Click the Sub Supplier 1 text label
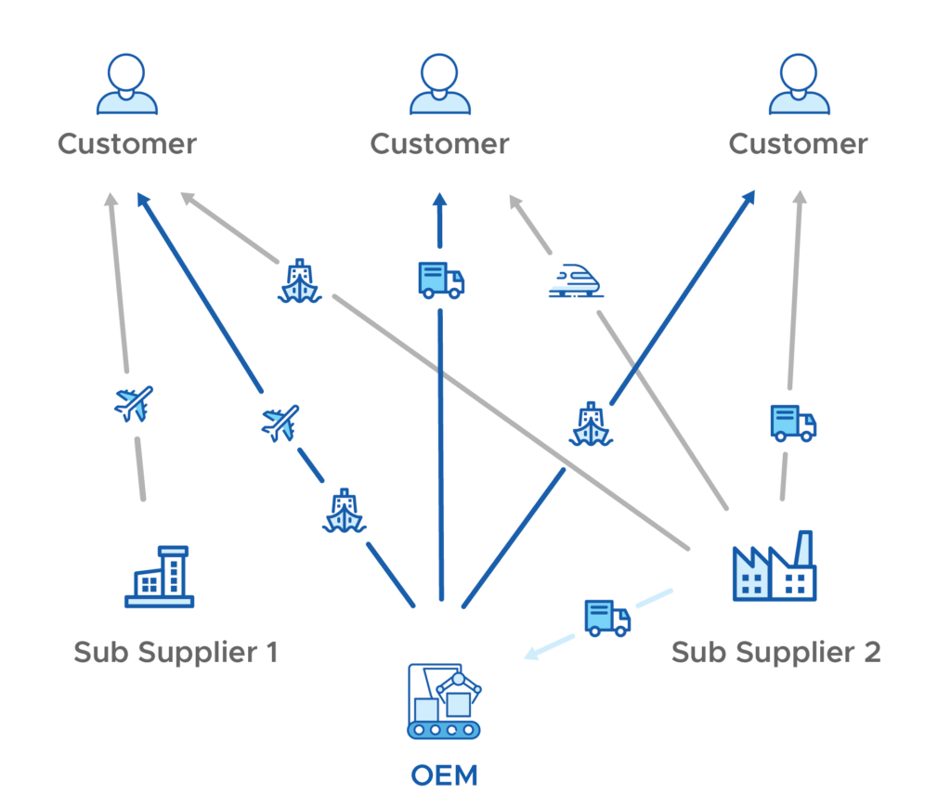176,653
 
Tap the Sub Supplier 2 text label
775,653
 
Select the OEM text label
445,775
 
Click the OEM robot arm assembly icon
444,701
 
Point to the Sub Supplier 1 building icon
160,577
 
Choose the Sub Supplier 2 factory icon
775,566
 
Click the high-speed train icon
576,280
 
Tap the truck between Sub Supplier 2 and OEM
607,618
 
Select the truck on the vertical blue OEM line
441,280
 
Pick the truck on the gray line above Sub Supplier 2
793,423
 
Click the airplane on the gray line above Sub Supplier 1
134,404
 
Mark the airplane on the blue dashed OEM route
280,423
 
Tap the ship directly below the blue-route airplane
344,511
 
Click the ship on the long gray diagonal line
300,280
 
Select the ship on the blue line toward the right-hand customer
591,423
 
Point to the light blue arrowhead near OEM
532,654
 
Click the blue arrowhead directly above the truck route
440,201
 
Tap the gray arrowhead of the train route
515,202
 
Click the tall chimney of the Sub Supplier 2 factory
803,549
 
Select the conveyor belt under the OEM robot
444,730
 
